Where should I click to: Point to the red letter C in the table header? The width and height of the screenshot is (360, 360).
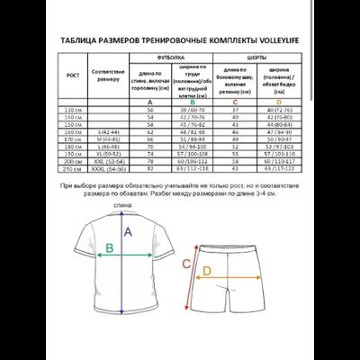233,102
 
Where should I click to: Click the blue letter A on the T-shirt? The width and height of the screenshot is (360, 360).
129,231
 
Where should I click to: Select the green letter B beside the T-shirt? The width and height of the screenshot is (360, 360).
110,249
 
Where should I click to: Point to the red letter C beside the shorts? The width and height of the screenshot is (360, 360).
184,264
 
